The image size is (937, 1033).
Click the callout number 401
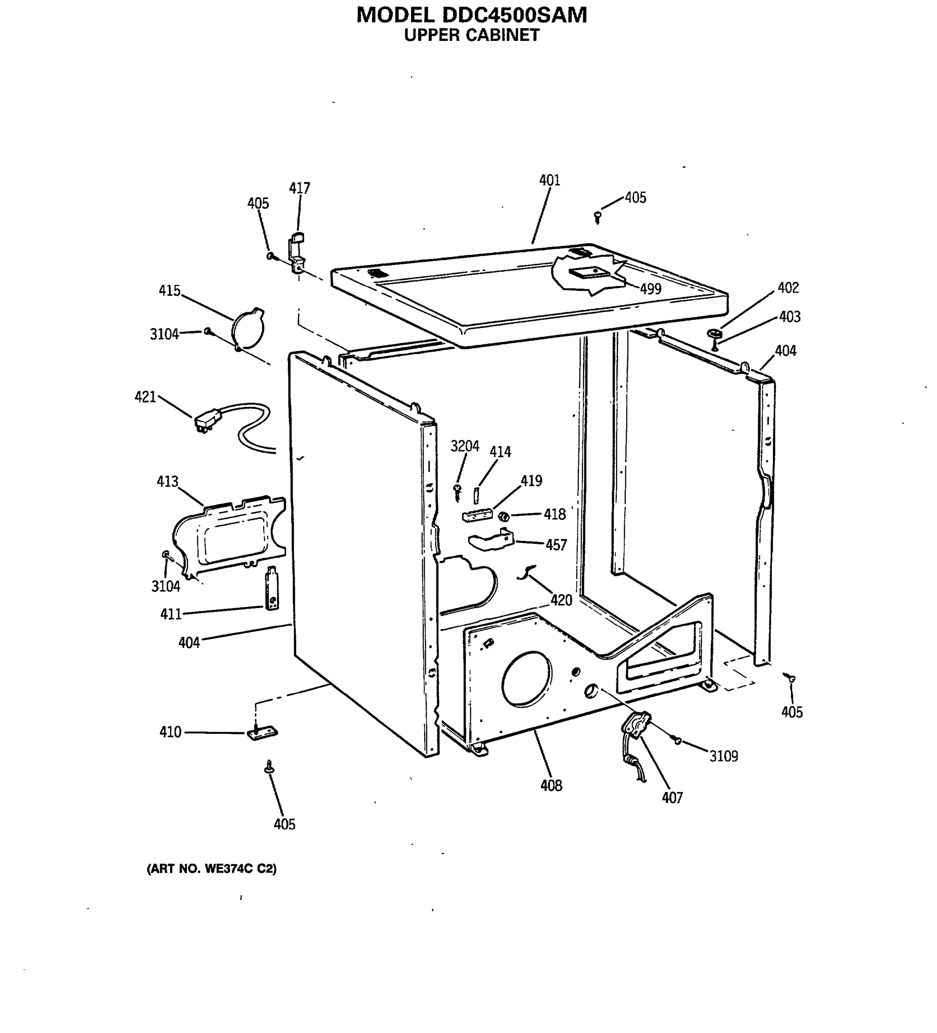[549, 180]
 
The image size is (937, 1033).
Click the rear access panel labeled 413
[228, 535]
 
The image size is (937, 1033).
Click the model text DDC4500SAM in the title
[514, 15]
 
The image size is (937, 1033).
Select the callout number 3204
[465, 446]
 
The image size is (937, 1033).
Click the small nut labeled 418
[504, 516]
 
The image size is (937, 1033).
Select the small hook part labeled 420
[525, 573]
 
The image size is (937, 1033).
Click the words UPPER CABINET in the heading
[471, 35]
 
